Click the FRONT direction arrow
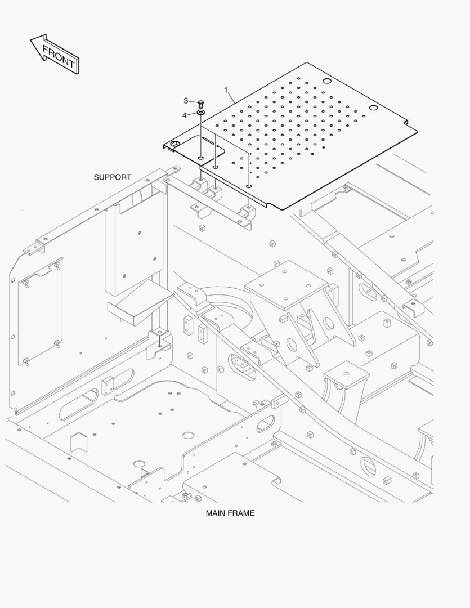pyautogui.click(x=55, y=55)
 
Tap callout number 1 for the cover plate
pyautogui.click(x=226, y=90)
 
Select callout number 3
pyautogui.click(x=186, y=101)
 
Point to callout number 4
pyautogui.click(x=185, y=115)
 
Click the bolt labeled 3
pyautogui.click(x=201, y=104)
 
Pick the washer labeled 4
pyautogui.click(x=201, y=113)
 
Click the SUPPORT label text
pyautogui.click(x=113, y=177)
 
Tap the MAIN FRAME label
pyautogui.click(x=230, y=513)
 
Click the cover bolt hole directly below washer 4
pyautogui.click(x=200, y=158)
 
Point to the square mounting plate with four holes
pyautogui.click(x=286, y=285)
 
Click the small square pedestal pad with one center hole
pyautogui.click(x=346, y=375)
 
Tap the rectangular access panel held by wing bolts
pyautogui.click(x=40, y=311)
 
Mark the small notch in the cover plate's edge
pyautogui.click(x=406, y=123)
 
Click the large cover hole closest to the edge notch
pyautogui.click(x=373, y=108)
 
